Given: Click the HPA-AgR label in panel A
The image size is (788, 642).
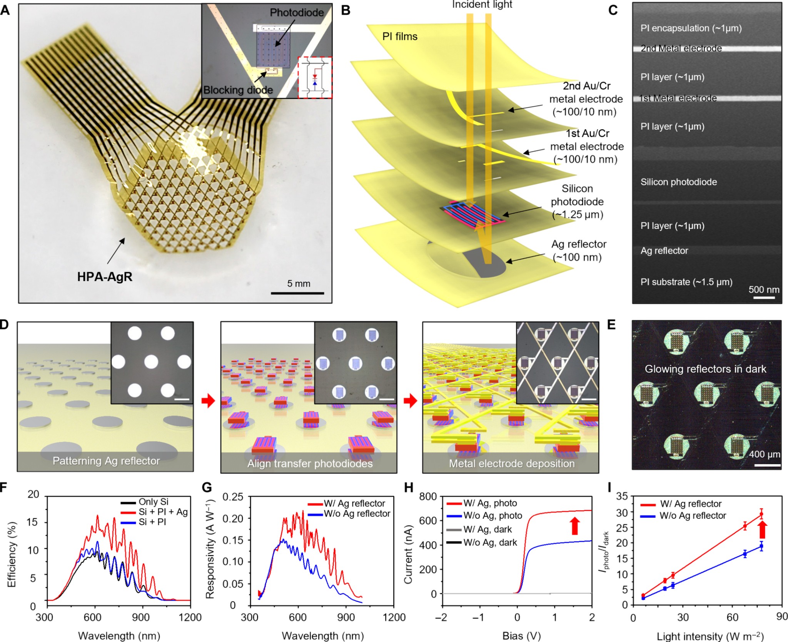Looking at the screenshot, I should (x=105, y=277).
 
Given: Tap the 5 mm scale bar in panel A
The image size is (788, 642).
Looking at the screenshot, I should (x=297, y=293).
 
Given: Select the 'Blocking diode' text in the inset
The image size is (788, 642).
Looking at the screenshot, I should (x=238, y=90).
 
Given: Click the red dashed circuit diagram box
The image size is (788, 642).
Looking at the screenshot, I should (x=315, y=77).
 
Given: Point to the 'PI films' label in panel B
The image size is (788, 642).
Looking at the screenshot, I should (x=400, y=37).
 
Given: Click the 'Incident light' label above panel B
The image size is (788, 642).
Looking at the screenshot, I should (x=482, y=5).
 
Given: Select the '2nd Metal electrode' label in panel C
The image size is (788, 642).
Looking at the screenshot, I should (x=681, y=48).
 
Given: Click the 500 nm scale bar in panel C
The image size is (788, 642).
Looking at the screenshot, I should (x=764, y=297).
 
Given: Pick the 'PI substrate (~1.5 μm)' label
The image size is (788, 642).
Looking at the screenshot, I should (x=686, y=282).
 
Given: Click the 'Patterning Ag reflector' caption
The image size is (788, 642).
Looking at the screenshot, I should (x=106, y=461).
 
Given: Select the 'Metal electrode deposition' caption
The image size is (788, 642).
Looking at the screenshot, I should (x=512, y=463).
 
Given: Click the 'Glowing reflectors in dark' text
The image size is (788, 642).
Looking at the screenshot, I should (x=705, y=369).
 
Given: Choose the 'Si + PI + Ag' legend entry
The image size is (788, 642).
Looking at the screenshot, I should (x=163, y=512).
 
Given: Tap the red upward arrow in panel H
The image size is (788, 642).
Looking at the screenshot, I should (x=575, y=525).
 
